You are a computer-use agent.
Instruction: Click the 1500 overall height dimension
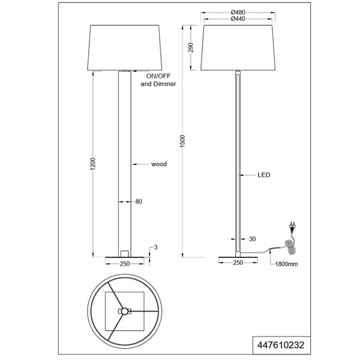(x=190, y=140)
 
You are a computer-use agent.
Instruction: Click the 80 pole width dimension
(x=139, y=202)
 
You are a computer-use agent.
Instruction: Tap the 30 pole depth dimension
(x=252, y=239)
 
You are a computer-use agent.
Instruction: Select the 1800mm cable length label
(x=284, y=263)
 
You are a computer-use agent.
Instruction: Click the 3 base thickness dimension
(x=155, y=247)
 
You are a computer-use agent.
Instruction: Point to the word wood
(x=158, y=163)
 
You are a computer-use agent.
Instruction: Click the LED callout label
(x=264, y=176)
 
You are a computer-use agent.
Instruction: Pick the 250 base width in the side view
(x=238, y=263)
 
